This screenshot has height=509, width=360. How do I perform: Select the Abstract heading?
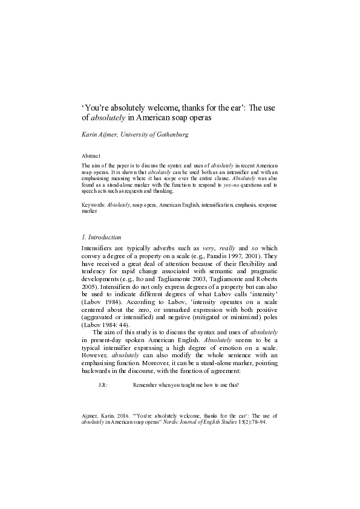point(91,155)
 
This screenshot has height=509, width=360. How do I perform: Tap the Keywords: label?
point(93,206)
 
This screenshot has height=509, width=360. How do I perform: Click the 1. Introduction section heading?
point(101,237)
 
